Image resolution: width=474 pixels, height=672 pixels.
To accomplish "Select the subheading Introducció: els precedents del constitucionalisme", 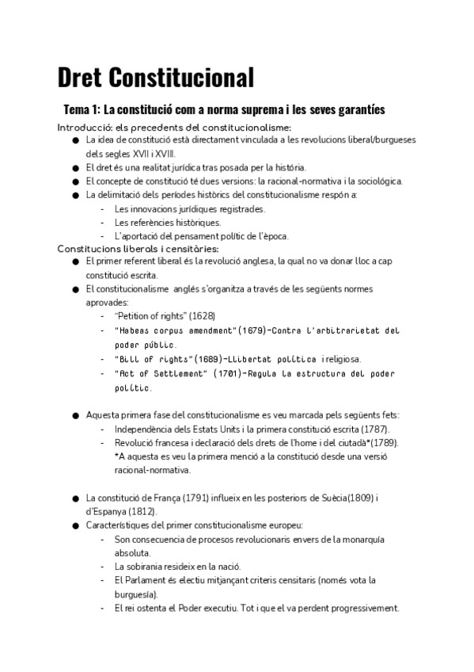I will [174, 128].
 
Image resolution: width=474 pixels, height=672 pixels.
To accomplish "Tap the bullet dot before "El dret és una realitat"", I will [75, 168].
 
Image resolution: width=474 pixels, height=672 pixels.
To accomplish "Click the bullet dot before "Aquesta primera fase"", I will [75, 415].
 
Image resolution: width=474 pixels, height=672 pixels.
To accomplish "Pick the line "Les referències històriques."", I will [167, 222].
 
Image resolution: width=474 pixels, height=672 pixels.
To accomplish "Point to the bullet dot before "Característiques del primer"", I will [75, 525].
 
